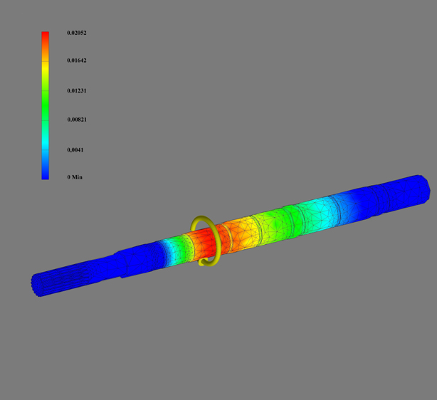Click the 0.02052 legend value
click(77, 33)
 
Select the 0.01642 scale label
click(77, 60)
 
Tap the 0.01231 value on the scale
click(77, 90)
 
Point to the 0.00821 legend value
click(77, 120)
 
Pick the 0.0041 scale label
click(75, 150)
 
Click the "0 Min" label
click(75, 177)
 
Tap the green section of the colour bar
click(45, 105)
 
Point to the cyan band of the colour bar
click(45, 142)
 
